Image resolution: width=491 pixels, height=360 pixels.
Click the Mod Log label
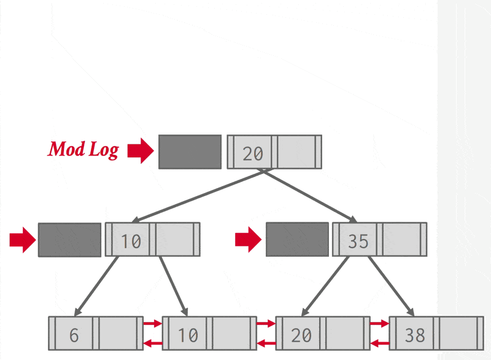83,149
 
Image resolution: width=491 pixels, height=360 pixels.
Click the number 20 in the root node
252,153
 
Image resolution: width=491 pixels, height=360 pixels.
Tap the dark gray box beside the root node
190,152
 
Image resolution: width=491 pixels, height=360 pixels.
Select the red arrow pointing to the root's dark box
141,151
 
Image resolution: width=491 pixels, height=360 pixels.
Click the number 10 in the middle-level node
131,241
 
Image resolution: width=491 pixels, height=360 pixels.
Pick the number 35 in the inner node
358,241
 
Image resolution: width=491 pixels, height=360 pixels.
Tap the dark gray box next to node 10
69,240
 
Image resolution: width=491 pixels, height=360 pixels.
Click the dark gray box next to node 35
297,240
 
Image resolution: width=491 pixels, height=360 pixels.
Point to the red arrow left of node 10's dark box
22,240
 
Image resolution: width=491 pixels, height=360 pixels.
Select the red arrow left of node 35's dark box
249,240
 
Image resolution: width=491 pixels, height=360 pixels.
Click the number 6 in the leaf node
74,335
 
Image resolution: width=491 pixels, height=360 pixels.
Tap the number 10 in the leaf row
188,335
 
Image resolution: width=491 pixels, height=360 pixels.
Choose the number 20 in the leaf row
301,335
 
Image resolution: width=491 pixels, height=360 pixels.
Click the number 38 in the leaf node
415,335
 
